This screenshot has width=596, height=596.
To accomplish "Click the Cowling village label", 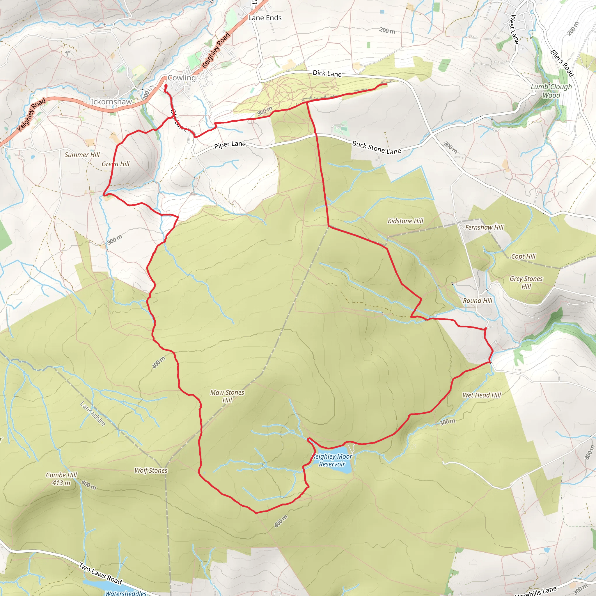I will [x=182, y=78].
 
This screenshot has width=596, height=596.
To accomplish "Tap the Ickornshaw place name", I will [x=111, y=102].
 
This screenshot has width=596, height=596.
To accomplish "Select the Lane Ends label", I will [x=265, y=18].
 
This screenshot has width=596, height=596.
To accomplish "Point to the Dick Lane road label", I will [x=327, y=73].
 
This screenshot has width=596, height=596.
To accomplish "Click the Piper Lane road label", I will [x=230, y=145].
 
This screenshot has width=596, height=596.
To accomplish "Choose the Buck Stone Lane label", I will [x=376, y=148].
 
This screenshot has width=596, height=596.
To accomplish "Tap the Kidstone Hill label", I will [x=405, y=221].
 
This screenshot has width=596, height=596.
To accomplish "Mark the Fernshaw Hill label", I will [x=484, y=227].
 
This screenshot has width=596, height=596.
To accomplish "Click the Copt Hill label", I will [x=523, y=256].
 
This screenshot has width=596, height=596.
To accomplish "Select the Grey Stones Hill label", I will [x=526, y=282].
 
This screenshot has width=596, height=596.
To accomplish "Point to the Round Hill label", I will [x=477, y=300].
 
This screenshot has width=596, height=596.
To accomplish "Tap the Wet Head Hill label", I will [x=482, y=395].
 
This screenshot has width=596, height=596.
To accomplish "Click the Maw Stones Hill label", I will [x=227, y=396].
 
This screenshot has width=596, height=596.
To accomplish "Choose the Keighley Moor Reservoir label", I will [x=332, y=460].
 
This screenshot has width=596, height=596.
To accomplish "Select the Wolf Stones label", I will [x=151, y=471].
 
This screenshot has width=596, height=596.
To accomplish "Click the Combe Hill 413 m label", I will [x=61, y=479].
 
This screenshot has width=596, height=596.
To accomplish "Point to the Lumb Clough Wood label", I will [x=551, y=91].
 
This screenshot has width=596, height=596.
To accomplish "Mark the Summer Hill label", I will [x=82, y=155].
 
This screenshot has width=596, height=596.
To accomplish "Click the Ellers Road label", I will [x=562, y=63].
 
